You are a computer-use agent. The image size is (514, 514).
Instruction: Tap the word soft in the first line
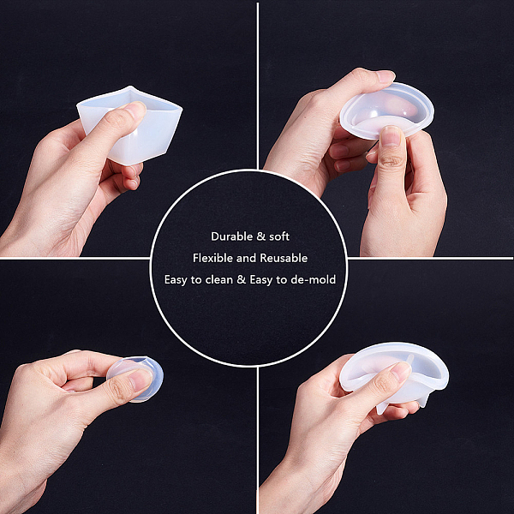pyautogui.click(x=279, y=236)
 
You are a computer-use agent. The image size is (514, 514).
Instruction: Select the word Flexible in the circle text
pyautogui.click(x=212, y=258)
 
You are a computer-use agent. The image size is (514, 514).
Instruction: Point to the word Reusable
pyautogui.click(x=284, y=258)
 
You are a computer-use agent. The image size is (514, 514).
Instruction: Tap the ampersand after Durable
pyautogui.click(x=261, y=236)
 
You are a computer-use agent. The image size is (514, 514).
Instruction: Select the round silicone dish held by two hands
pyautogui.click(x=387, y=111)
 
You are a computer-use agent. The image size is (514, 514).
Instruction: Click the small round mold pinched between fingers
pyautogui.click(x=135, y=379)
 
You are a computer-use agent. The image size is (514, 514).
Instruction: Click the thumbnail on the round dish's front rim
pyautogui.click(x=391, y=135)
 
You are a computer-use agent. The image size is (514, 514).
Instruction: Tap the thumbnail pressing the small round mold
pyautogui.click(x=141, y=380)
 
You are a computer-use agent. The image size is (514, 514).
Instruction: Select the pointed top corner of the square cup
pyautogui.click(x=130, y=87)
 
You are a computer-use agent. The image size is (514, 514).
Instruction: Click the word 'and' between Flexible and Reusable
pyautogui.click(x=246, y=258)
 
